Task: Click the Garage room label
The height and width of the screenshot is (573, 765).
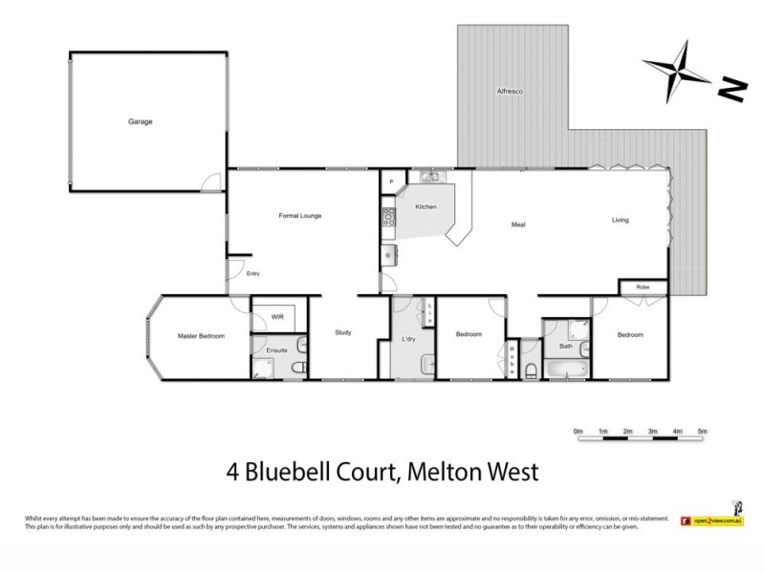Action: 142,121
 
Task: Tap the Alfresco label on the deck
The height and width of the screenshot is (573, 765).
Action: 510,91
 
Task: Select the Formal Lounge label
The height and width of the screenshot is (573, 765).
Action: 299,216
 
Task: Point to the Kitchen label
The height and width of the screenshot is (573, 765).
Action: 426,207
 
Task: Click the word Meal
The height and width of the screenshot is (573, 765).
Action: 518,224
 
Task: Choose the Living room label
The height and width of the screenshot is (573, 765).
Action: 621,221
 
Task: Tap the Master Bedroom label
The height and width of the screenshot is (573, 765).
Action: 201,335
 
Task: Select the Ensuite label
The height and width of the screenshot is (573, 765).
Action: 277,350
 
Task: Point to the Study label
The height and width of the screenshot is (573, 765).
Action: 343,332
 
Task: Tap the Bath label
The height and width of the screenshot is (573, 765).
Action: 565,346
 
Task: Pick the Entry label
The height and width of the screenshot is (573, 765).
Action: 253,274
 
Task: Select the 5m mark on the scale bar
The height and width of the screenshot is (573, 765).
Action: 703,433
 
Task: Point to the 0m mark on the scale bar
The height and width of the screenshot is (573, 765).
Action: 578,433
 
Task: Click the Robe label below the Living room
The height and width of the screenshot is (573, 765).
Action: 643,286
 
